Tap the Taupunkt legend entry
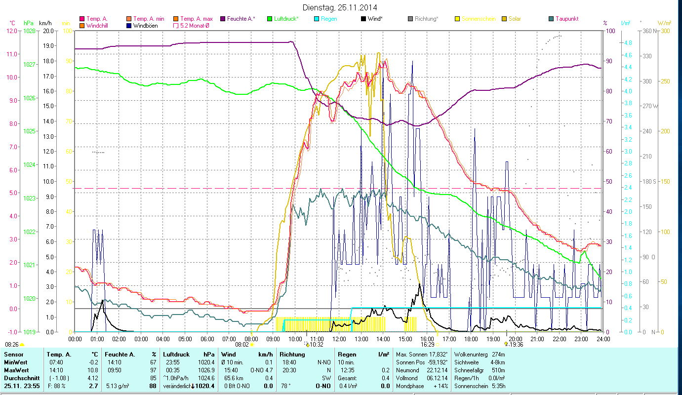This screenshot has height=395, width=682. click(566, 19)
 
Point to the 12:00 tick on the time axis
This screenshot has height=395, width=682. click(339, 339)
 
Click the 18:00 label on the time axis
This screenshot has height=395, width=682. click(471, 339)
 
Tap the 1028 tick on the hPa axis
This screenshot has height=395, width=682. click(29, 31)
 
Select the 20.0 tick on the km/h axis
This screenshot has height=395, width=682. click(48, 31)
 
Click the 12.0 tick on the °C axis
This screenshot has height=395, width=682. click(11, 31)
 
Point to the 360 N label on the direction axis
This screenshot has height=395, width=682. click(649, 31)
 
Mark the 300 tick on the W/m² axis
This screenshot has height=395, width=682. click(664, 31)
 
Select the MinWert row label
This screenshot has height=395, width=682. click(15, 362)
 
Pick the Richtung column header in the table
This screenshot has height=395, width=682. click(291, 355)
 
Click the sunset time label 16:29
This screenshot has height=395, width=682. click(427, 345)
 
